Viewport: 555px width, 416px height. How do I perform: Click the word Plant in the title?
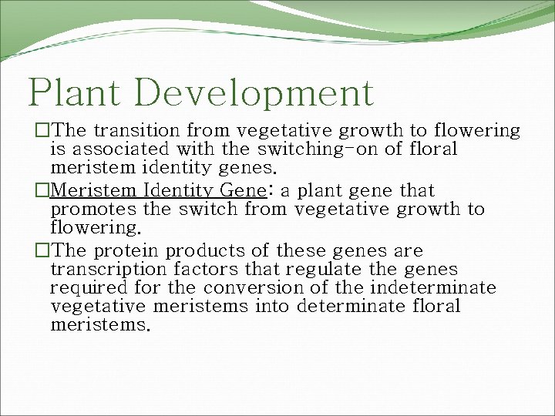[x=75, y=93]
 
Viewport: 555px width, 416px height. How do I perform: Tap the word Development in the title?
[x=254, y=93]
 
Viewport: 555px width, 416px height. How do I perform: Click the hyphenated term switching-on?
[x=304, y=149]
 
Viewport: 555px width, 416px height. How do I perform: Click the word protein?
[x=126, y=251]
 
